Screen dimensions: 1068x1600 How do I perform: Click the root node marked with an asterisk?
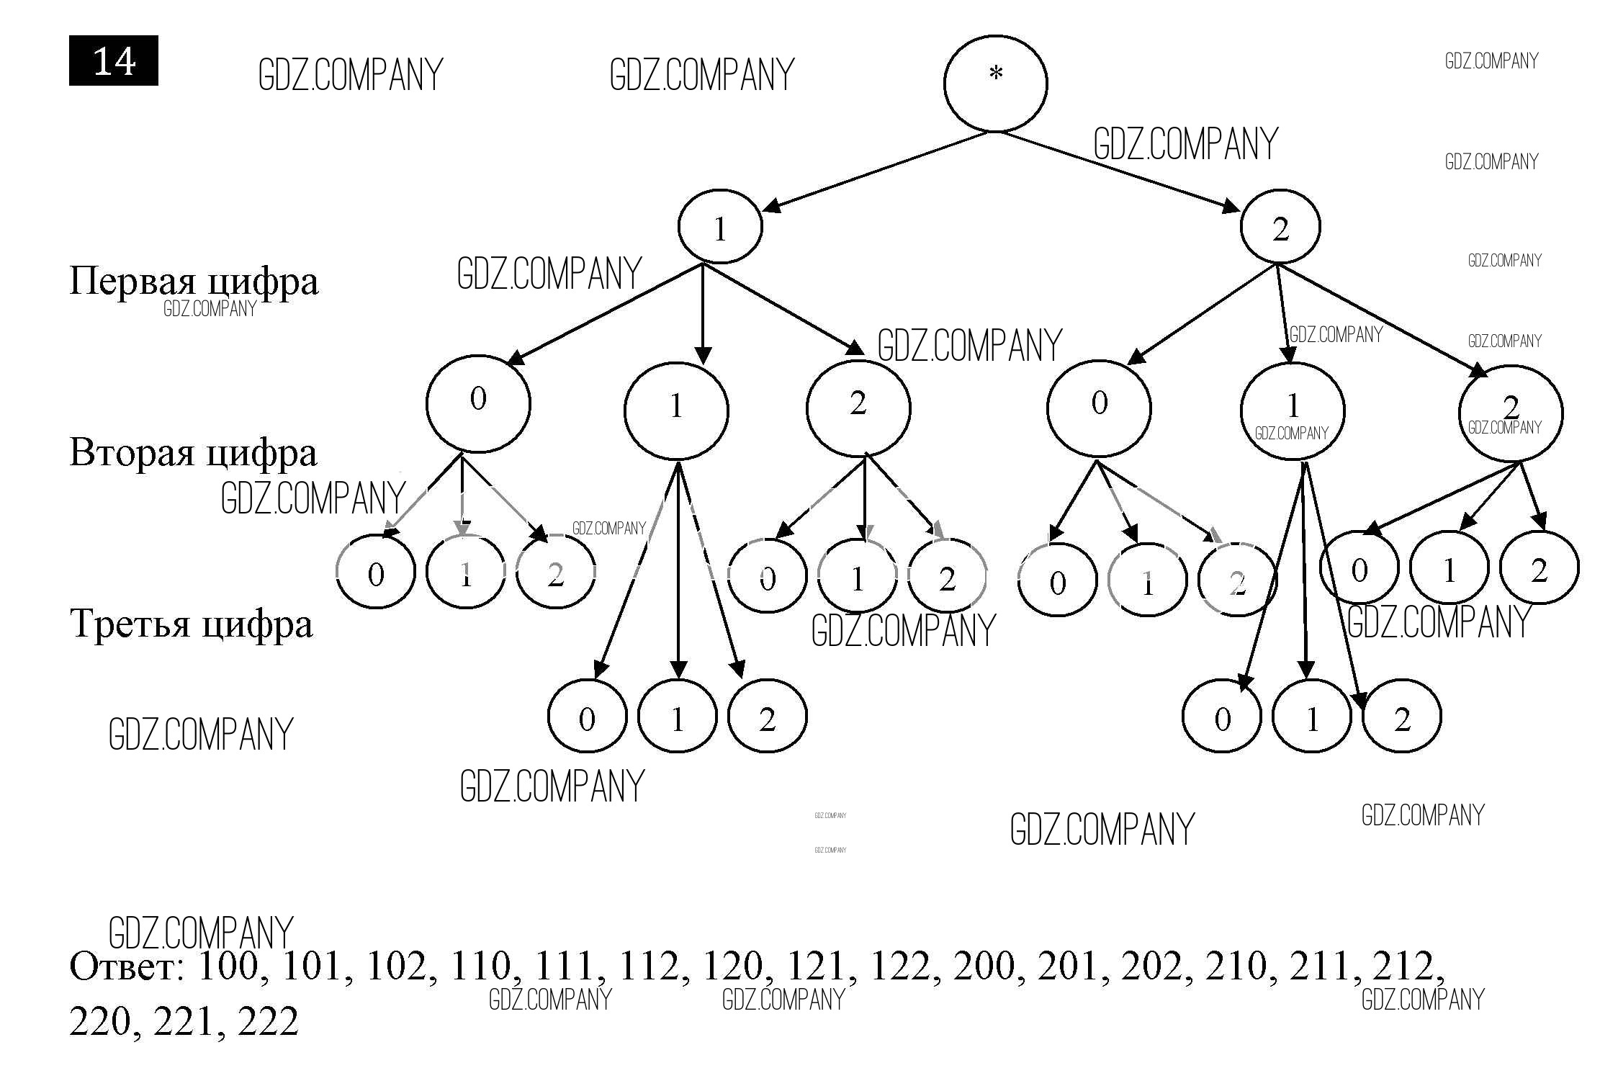pos(995,84)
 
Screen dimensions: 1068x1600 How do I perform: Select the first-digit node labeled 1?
pos(719,227)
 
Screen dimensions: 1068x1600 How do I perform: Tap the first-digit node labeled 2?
pos(1280,227)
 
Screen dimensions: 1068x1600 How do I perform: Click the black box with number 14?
pos(114,60)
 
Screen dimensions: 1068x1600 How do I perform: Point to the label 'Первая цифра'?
pos(193,281)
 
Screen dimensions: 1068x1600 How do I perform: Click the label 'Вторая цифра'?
pos(193,452)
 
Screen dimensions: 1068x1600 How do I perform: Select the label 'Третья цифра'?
pos(192,623)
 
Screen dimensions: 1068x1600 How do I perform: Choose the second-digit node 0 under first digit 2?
pos(1099,408)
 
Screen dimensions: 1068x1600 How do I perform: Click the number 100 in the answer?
pos(228,966)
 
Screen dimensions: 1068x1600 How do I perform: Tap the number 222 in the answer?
pos(267,1021)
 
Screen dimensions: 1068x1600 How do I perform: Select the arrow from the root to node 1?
pos(871,173)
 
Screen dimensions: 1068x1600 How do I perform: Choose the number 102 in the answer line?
pos(395,966)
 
